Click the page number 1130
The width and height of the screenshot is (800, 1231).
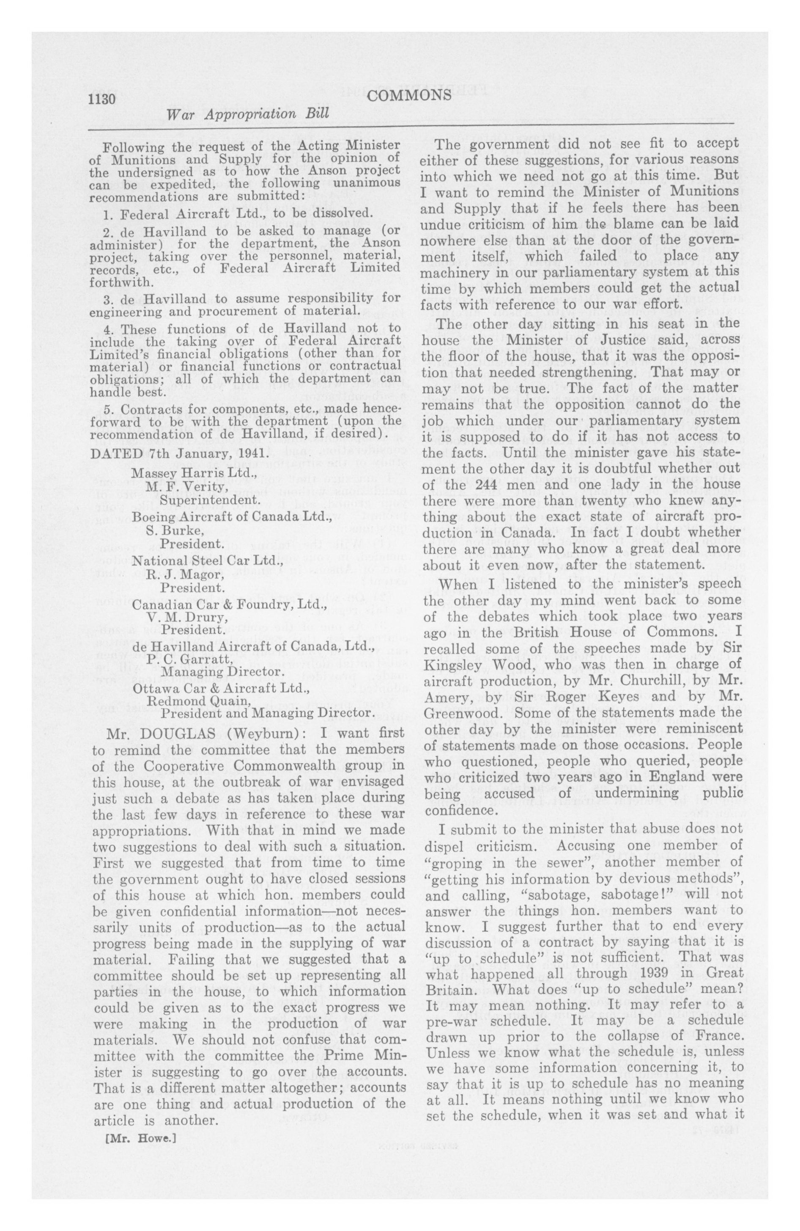(103, 98)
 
